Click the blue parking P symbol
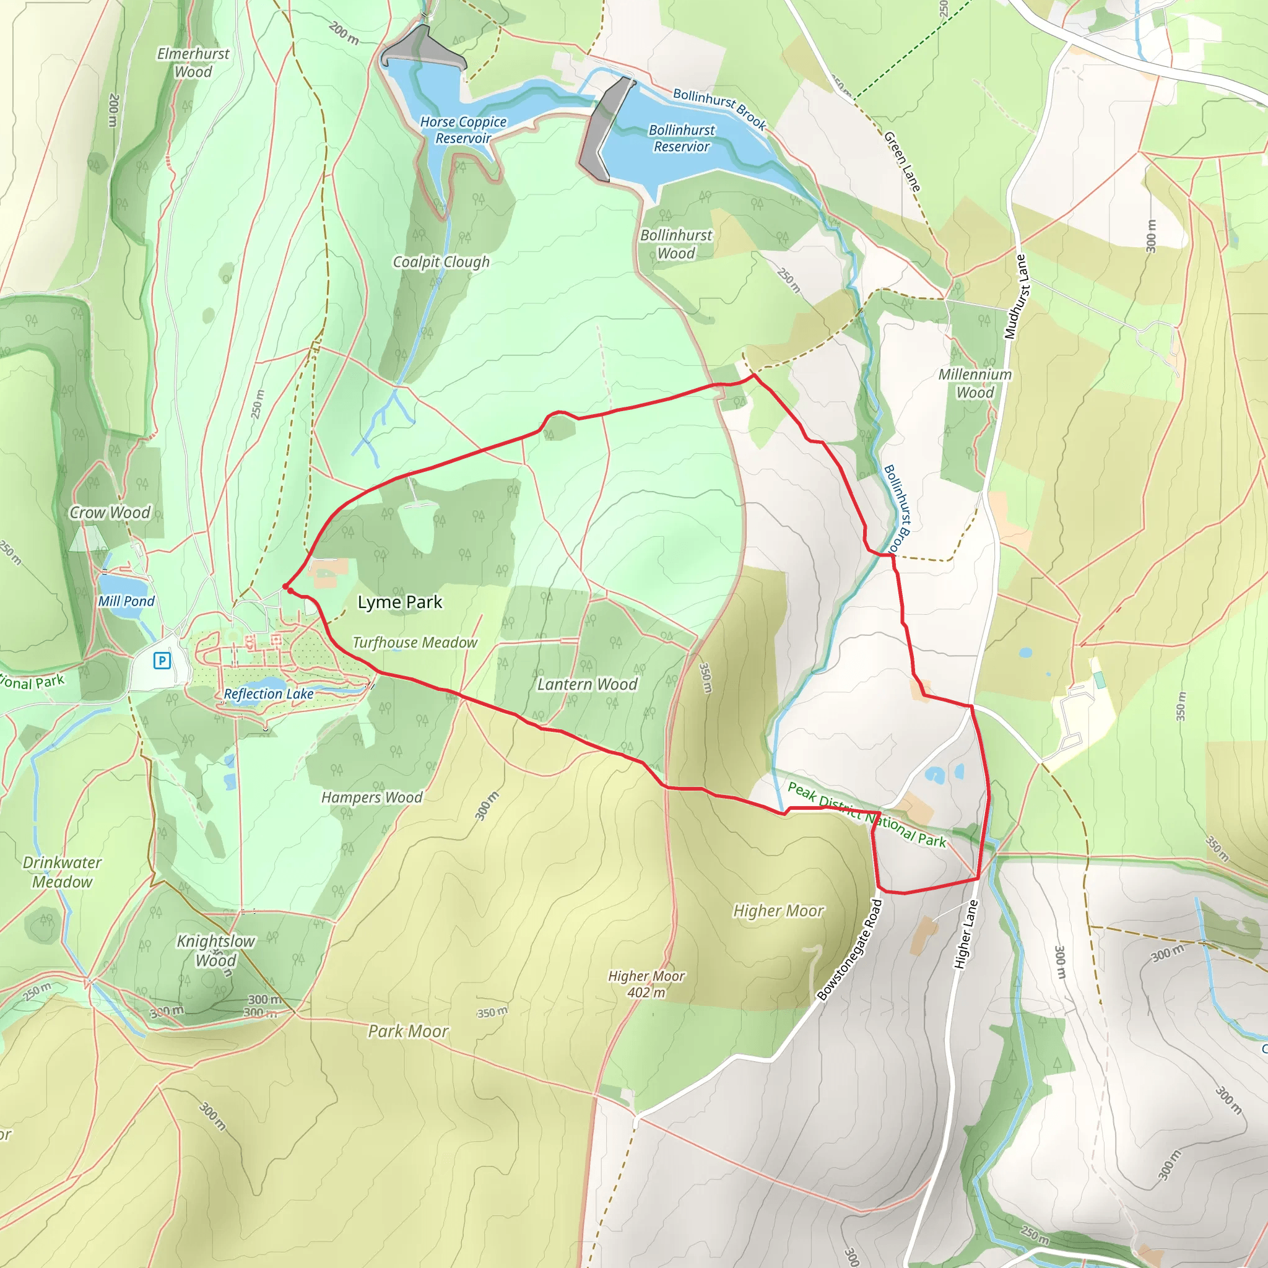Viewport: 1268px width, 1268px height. (x=162, y=660)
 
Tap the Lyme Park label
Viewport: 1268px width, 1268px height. (x=400, y=602)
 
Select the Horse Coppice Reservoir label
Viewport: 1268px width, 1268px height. (x=463, y=130)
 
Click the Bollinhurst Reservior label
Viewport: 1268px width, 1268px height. (x=681, y=139)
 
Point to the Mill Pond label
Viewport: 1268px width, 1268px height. (x=126, y=601)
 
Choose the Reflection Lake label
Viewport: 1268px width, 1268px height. (x=269, y=693)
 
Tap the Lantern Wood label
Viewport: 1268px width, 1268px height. (x=587, y=685)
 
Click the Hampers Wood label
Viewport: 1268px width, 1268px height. (x=371, y=797)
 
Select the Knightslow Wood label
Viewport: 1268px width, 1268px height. (x=215, y=950)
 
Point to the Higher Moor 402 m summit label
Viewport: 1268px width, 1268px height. (x=646, y=984)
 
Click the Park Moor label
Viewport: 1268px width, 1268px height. (x=407, y=1031)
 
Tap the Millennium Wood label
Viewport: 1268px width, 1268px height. (x=975, y=383)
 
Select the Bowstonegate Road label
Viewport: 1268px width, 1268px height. (x=850, y=950)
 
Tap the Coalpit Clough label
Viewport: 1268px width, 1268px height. (x=441, y=262)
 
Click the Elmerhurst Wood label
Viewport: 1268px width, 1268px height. (x=193, y=63)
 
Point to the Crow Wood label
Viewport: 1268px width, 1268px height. (x=110, y=513)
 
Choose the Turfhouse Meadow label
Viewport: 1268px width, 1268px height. (x=415, y=643)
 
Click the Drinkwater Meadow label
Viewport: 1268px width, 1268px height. (x=63, y=872)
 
